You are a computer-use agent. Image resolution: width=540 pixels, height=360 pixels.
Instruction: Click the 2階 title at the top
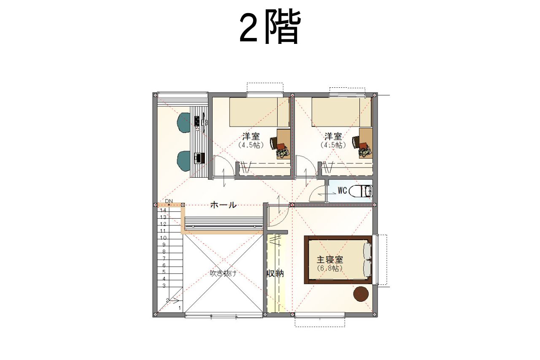tap(270, 27)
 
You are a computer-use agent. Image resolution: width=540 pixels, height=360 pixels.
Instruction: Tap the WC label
tap(342, 191)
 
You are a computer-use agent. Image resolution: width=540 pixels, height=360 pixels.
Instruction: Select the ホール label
tap(223, 205)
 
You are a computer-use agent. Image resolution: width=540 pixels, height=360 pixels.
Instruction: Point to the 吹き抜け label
tap(223, 273)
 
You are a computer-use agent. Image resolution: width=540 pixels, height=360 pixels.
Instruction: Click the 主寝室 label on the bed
tap(329, 260)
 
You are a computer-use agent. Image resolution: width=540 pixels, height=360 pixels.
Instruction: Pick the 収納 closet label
tap(275, 273)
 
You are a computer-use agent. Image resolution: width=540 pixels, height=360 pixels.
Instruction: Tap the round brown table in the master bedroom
tap(361, 294)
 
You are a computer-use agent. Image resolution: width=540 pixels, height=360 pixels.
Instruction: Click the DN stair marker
tap(169, 201)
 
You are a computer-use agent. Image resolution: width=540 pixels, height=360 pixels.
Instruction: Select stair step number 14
tap(163, 210)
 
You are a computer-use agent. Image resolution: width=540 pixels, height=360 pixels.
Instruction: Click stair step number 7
tap(164, 258)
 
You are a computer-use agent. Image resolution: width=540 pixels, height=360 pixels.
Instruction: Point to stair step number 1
tap(180, 308)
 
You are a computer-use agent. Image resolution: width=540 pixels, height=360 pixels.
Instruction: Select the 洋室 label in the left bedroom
tap(251, 136)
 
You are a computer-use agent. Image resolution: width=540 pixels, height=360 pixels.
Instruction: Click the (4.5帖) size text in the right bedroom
tap(333, 145)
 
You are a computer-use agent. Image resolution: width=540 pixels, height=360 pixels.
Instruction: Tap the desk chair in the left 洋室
tap(274, 143)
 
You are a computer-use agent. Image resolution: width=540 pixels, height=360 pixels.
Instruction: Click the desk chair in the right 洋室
tap(356, 143)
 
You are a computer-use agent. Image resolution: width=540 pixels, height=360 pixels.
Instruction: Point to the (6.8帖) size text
tap(329, 268)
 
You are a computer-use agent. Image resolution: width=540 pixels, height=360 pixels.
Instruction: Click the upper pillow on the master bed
tap(367, 251)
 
